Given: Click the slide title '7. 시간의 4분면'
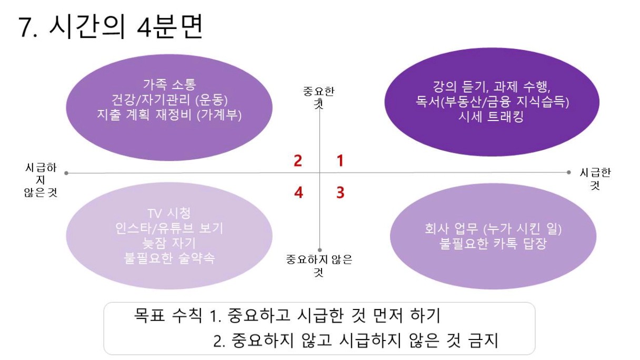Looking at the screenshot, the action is pyautogui.click(x=111, y=26).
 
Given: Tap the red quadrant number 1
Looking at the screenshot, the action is pyautogui.click(x=340, y=161).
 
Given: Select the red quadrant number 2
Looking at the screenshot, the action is pyautogui.click(x=298, y=161).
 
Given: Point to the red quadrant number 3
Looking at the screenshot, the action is pyautogui.click(x=341, y=192).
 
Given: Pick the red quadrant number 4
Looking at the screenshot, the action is pyautogui.click(x=298, y=192).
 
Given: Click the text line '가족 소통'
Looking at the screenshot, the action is pyautogui.click(x=169, y=85).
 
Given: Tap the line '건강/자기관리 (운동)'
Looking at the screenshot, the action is pyautogui.click(x=169, y=99).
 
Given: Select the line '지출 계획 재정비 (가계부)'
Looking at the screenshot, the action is pyautogui.click(x=169, y=115).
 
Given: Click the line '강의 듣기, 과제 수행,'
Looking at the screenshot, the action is pyautogui.click(x=492, y=86).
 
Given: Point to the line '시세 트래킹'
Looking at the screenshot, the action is pyautogui.click(x=492, y=117).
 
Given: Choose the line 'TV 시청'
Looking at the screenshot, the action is pyautogui.click(x=169, y=213).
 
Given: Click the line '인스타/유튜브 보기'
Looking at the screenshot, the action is pyautogui.click(x=169, y=228).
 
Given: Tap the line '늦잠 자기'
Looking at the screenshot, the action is pyautogui.click(x=169, y=244).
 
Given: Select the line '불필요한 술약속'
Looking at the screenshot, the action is pyautogui.click(x=169, y=258).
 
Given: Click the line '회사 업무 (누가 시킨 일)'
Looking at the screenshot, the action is pyautogui.click(x=493, y=229).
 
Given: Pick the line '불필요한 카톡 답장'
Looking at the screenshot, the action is pyautogui.click(x=493, y=244).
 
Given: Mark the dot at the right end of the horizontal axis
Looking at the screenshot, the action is pyautogui.click(x=568, y=172).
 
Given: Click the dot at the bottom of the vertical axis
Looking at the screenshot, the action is pyautogui.click(x=319, y=250).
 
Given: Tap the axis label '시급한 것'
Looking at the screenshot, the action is pyautogui.click(x=595, y=179).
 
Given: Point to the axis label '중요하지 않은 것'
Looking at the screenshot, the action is pyautogui.click(x=319, y=266).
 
